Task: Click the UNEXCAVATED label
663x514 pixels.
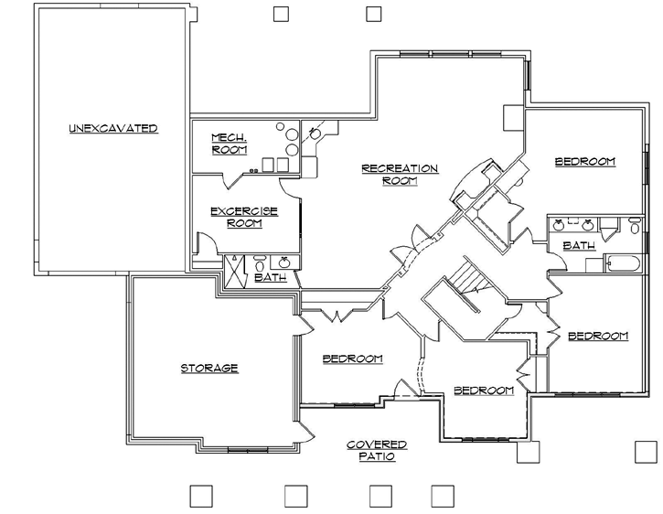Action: coord(113,128)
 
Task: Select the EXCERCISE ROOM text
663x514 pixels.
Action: coord(243,217)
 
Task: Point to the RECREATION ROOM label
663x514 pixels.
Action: coord(400,174)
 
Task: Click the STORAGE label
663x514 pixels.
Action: coord(209,368)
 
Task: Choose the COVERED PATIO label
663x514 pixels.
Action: coord(377,450)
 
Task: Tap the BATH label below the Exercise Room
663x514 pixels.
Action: coord(270,277)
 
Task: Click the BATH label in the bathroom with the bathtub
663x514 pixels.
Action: coord(579,245)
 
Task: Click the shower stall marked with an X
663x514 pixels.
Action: coord(236,270)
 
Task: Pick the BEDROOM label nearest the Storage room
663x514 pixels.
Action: coord(352,359)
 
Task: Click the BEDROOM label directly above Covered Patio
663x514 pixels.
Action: coord(484,391)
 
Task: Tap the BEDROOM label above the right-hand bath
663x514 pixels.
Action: coord(585,162)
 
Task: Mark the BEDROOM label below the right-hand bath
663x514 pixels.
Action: coord(598,336)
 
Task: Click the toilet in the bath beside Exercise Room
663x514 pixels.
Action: coord(259,262)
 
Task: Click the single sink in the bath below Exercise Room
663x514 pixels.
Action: coord(283,262)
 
